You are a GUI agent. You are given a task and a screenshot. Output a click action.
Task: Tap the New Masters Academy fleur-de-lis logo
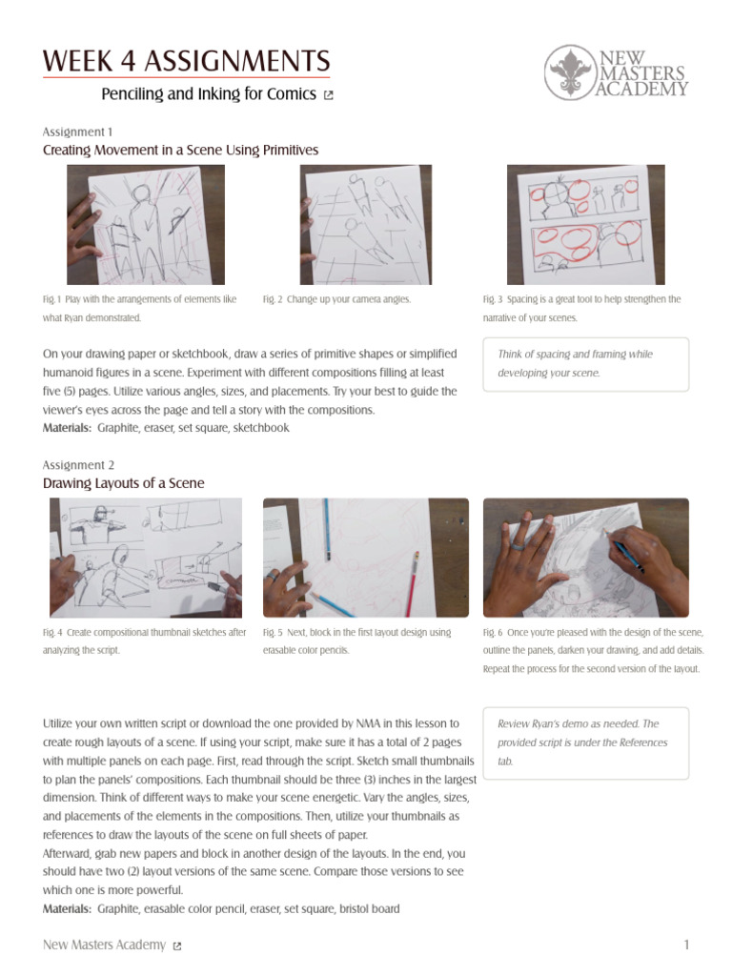(x=570, y=71)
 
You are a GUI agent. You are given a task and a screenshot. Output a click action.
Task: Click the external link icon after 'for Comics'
(x=329, y=95)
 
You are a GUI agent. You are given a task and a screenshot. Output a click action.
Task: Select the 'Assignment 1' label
(x=78, y=132)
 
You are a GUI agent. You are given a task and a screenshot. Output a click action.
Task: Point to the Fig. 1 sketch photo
(x=146, y=225)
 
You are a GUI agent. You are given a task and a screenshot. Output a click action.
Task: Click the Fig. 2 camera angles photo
(x=366, y=225)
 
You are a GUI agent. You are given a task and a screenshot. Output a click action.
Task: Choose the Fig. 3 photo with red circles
(x=585, y=225)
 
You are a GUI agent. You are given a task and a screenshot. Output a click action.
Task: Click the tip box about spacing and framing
(x=585, y=363)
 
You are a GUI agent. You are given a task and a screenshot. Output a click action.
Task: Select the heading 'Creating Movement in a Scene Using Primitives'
(x=180, y=151)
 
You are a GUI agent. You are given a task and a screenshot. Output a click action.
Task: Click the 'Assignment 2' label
(x=78, y=464)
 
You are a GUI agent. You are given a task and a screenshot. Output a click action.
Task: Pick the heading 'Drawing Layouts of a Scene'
(x=124, y=483)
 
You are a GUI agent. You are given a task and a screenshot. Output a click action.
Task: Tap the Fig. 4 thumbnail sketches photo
(x=146, y=558)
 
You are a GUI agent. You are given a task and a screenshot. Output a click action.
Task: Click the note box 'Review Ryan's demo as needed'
(x=585, y=742)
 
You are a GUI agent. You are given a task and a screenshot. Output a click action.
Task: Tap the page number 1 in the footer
(x=686, y=945)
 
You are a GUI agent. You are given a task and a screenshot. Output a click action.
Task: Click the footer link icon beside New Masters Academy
(x=177, y=945)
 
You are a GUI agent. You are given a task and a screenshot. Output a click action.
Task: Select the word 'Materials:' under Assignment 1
(x=67, y=428)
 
